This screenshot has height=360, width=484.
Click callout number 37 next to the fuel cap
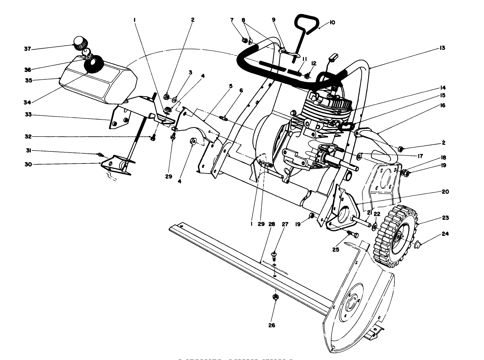27,49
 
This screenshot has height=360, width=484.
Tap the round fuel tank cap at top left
80,43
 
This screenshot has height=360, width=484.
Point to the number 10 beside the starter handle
332,23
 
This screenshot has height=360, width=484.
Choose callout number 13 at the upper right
442,48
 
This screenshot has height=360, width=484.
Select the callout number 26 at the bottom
272,325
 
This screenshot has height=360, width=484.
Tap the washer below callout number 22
375,226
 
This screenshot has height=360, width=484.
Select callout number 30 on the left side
29,164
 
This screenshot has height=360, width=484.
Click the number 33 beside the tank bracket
29,115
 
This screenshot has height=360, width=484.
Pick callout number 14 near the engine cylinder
442,88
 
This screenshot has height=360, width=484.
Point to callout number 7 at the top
232,20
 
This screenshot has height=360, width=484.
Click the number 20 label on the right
445,192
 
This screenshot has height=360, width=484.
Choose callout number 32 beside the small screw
29,137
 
